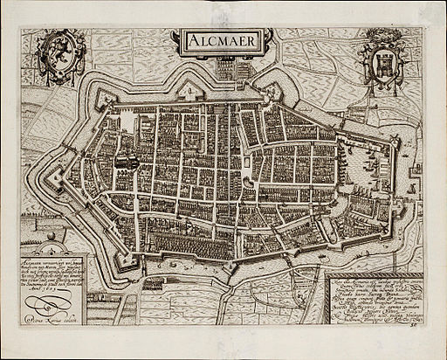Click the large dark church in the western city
click(124, 164)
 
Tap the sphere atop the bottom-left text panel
click(50, 236)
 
